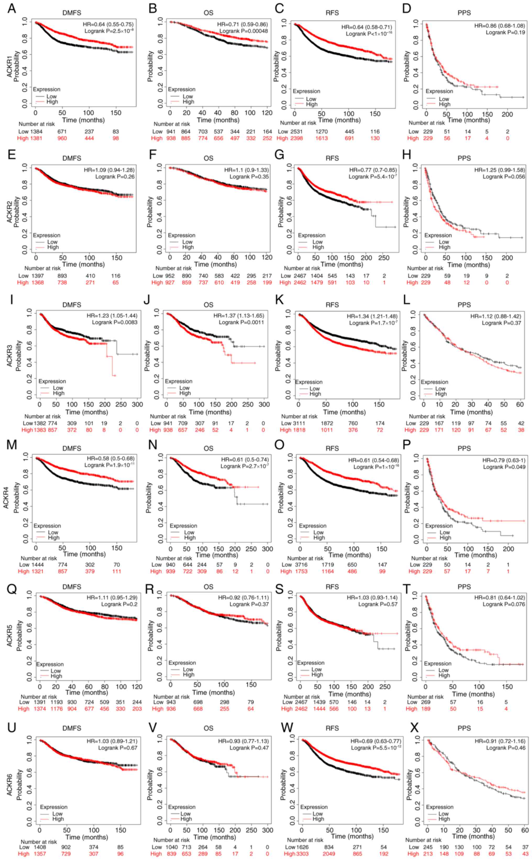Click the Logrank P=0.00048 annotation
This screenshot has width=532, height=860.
click(x=243, y=31)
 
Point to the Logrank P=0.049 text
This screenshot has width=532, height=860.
click(x=504, y=467)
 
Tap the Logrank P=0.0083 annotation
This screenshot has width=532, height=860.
click(x=115, y=322)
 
